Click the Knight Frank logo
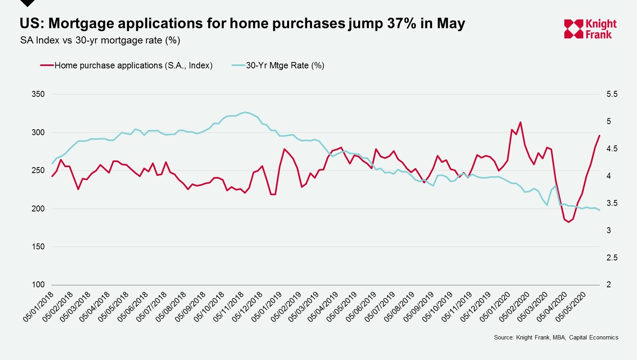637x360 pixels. tap(590, 29)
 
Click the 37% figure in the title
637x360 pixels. tap(401, 23)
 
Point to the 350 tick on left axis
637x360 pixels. tap(38, 94)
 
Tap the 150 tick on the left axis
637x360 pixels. tap(38, 247)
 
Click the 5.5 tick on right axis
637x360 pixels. tap(612, 94)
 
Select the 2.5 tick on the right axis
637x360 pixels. tap(612, 258)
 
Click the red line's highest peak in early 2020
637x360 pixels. tap(520, 122)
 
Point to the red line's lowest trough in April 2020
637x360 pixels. tap(569, 222)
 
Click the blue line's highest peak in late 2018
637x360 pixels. tap(245, 112)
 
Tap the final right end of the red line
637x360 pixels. tap(599, 136)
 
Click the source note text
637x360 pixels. tap(556, 337)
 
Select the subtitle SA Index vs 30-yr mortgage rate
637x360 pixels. tap(100, 40)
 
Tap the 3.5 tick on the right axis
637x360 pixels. tap(612, 203)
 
